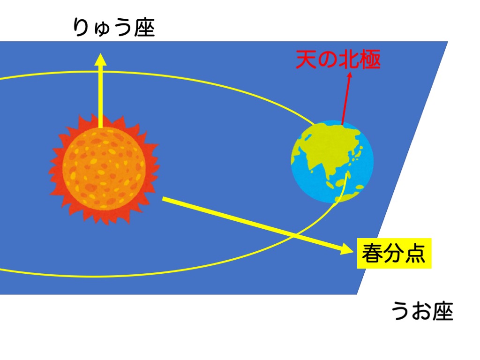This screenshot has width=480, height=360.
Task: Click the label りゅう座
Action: click(114, 28)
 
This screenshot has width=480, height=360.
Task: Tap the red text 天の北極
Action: click(338, 59)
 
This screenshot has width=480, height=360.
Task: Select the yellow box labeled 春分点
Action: click(394, 253)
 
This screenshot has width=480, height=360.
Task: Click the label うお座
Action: click(422, 311)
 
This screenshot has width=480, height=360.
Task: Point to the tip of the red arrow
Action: click(350, 72)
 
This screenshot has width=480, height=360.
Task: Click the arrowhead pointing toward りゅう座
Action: click(100, 59)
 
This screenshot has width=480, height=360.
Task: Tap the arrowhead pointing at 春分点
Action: click(347, 248)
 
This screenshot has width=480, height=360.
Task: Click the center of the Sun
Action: click(104, 168)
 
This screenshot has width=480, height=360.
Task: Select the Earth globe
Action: click(332, 162)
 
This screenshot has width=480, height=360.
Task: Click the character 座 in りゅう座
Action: click(144, 28)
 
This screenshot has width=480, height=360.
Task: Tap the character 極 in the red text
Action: click(370, 59)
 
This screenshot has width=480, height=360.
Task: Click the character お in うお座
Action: click(422, 311)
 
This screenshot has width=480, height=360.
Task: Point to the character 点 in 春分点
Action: click(415, 253)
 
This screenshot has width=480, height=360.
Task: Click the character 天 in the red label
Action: click(306, 59)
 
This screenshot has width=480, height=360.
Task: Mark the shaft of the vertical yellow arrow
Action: click(100, 96)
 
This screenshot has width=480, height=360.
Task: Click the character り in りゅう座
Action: click(80, 28)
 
